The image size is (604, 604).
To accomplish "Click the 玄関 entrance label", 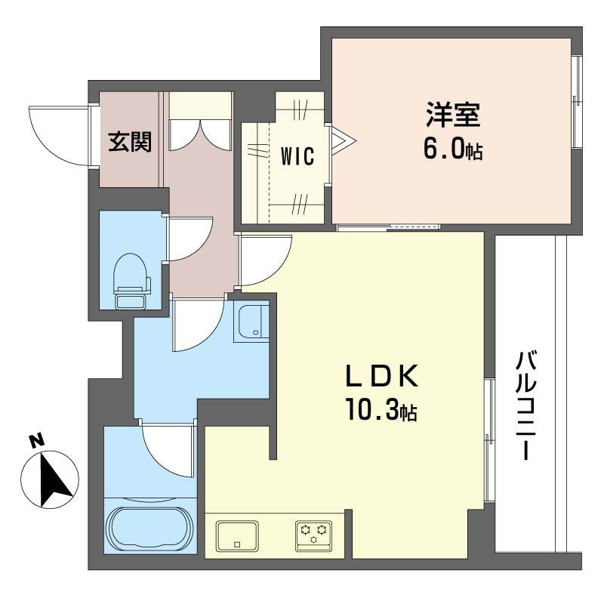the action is [130, 142].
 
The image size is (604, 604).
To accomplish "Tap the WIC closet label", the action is [297, 156].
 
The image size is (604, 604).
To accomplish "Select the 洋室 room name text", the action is [453, 114].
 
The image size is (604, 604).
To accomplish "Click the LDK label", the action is [382, 376].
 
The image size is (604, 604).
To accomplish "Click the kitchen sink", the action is [237, 536].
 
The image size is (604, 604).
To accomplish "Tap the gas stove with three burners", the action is [313, 536].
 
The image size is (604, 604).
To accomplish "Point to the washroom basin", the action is [251, 323].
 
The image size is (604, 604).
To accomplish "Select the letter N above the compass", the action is [36, 441].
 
